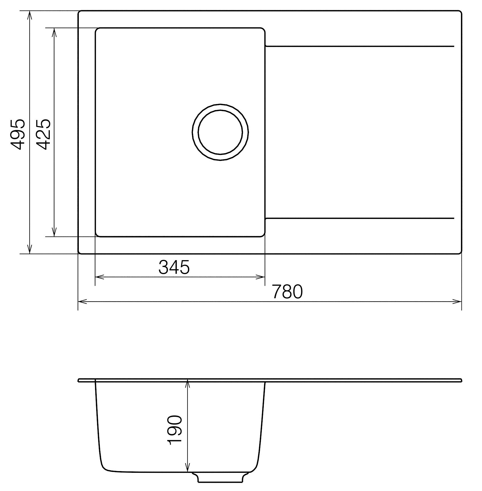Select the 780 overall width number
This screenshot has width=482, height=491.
click(x=287, y=292)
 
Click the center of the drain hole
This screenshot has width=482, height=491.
click(x=221, y=132)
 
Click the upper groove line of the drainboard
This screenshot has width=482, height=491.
click(x=359, y=46)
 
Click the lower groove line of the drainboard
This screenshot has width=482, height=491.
click(x=359, y=219)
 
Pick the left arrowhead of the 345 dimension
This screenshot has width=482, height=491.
click(x=99, y=277)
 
